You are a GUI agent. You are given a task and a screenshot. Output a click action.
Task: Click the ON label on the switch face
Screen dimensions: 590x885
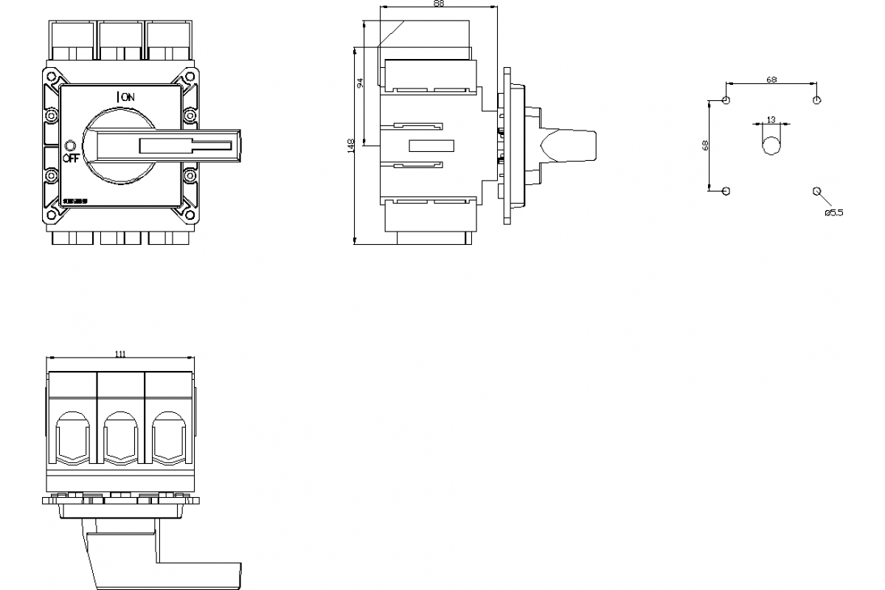click(x=128, y=97)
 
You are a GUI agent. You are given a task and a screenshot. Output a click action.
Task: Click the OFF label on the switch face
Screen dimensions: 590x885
click(x=71, y=157)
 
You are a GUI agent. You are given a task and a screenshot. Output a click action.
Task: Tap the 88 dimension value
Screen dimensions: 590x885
click(x=439, y=4)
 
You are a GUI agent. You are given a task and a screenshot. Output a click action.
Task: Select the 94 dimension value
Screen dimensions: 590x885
click(x=360, y=83)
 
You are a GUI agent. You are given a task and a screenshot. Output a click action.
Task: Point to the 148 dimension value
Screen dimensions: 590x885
click(x=351, y=145)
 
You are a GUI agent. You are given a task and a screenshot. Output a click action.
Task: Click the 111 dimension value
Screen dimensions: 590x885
click(x=120, y=354)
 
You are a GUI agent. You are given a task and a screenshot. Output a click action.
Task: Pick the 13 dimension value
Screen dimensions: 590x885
click(x=771, y=119)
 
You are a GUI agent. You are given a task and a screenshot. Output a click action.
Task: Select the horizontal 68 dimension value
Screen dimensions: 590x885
click(x=771, y=79)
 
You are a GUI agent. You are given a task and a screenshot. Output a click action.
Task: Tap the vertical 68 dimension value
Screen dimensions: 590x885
click(x=705, y=145)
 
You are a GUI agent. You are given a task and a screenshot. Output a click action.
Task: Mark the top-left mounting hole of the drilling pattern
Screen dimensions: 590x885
click(x=726, y=100)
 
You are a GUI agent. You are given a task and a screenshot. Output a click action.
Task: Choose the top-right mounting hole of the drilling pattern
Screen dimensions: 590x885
click(x=816, y=100)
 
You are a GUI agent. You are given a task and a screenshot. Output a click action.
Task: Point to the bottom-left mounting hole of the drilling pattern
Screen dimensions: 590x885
click(x=726, y=191)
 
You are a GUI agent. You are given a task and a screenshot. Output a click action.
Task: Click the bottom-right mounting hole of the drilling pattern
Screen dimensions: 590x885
click(x=816, y=191)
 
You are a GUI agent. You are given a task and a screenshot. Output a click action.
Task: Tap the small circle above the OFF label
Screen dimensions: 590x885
click(x=71, y=145)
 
